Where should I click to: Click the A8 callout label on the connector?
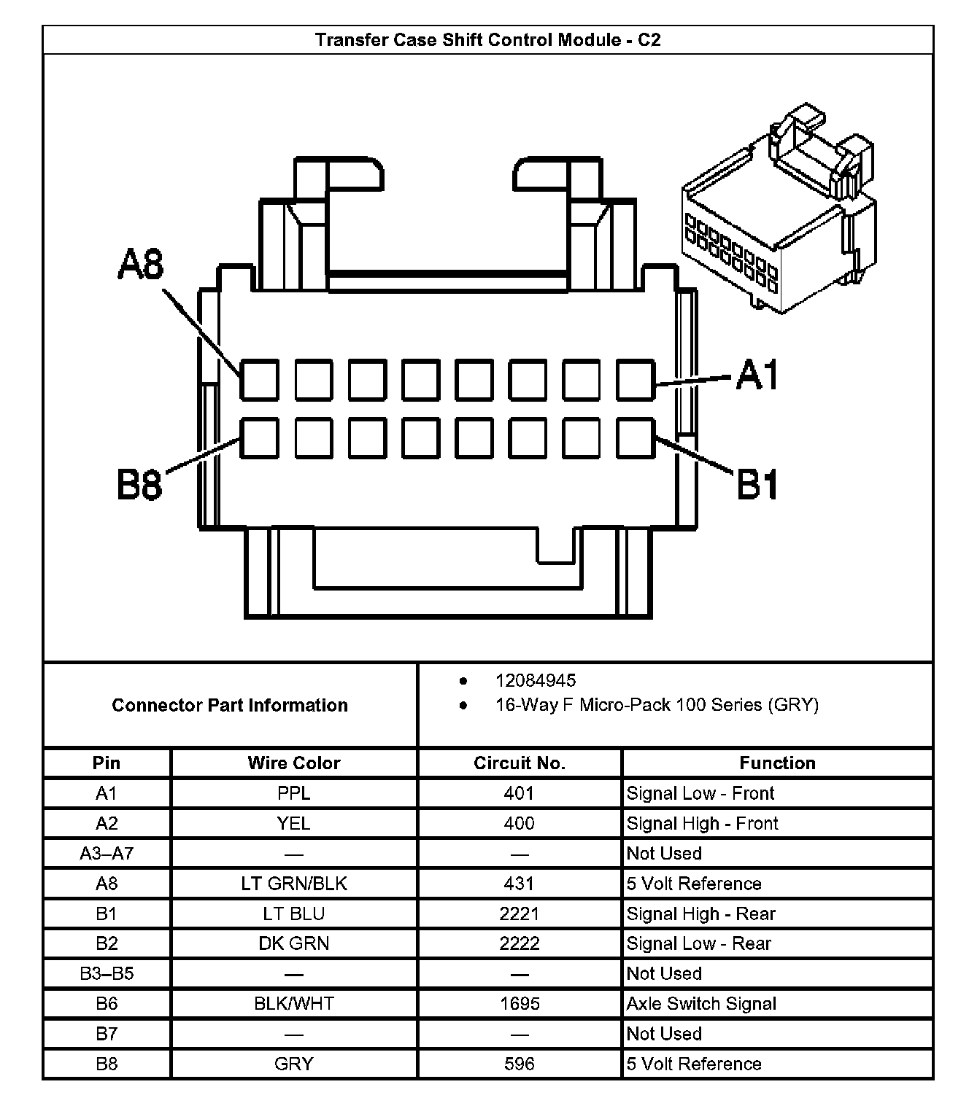[141, 265]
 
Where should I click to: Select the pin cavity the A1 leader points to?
[635, 379]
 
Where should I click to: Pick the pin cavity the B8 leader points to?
[259, 437]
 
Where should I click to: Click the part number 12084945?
[536, 680]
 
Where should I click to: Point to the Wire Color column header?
[293, 763]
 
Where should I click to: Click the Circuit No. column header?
[519, 763]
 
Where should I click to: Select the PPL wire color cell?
[293, 793]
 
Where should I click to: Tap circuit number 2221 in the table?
[519, 914]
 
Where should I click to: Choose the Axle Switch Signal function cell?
[700, 1004]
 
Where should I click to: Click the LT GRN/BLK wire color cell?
[293, 884]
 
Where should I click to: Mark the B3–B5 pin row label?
[107, 973]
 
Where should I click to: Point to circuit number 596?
[519, 1064]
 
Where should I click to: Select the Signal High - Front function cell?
[702, 823]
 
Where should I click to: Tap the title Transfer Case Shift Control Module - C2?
[487, 39]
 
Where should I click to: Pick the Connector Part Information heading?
[230, 705]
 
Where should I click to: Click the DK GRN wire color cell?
[293, 943]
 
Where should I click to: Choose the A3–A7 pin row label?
[107, 853]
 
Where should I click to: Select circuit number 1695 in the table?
[519, 1004]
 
